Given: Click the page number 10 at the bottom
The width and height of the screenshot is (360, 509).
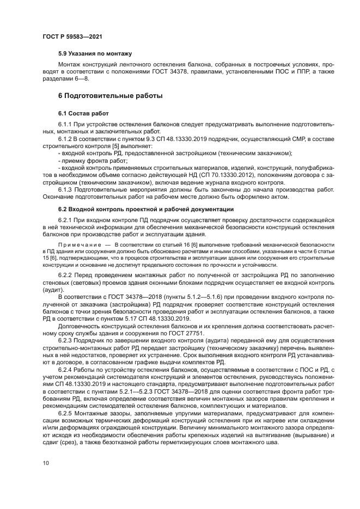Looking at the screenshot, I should point(45,463).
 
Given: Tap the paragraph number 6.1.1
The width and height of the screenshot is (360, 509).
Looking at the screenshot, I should point(66,125).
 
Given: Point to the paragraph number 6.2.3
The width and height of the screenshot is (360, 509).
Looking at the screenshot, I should point(66,340).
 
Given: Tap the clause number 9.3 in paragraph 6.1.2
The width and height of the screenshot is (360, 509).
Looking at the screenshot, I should point(139,139).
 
